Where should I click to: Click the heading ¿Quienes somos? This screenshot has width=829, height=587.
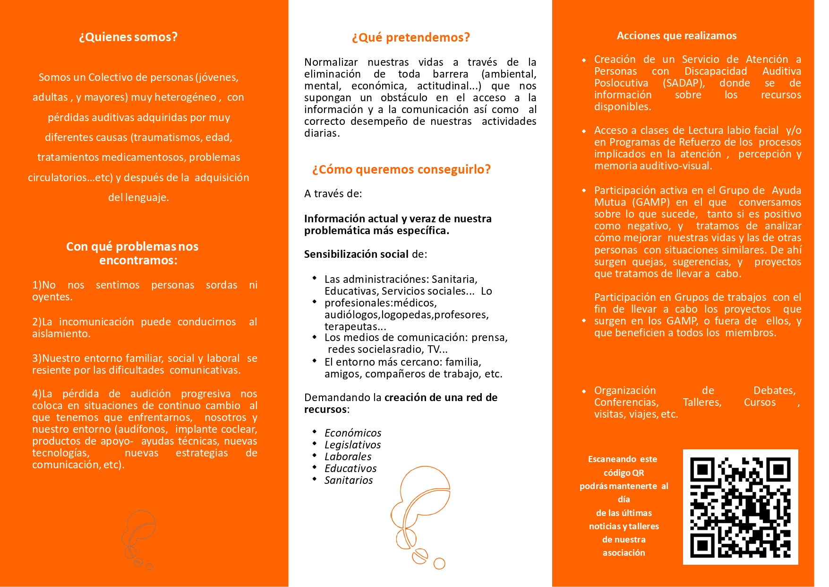(x=128, y=37)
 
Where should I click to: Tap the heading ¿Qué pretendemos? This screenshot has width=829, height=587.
(x=410, y=37)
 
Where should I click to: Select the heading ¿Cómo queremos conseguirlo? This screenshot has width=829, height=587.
(x=401, y=169)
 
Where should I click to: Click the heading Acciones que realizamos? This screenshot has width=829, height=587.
(x=676, y=35)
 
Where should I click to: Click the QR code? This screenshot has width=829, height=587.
(x=740, y=507)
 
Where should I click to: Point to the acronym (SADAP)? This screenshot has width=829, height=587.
(x=684, y=83)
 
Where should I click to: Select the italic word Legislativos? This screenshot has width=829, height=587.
(x=352, y=445)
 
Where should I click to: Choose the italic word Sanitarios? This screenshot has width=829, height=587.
(x=349, y=480)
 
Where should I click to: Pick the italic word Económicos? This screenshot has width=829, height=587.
(x=353, y=433)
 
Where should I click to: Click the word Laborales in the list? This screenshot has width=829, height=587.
(x=348, y=456)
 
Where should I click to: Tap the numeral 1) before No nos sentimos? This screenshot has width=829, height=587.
(x=37, y=285)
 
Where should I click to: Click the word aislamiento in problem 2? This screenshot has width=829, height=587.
(x=60, y=334)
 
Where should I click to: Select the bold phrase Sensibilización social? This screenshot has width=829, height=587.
(x=356, y=254)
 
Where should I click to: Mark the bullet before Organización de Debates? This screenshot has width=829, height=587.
(x=584, y=391)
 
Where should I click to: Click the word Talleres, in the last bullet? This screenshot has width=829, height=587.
(x=702, y=403)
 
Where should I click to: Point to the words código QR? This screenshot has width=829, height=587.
(x=624, y=473)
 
